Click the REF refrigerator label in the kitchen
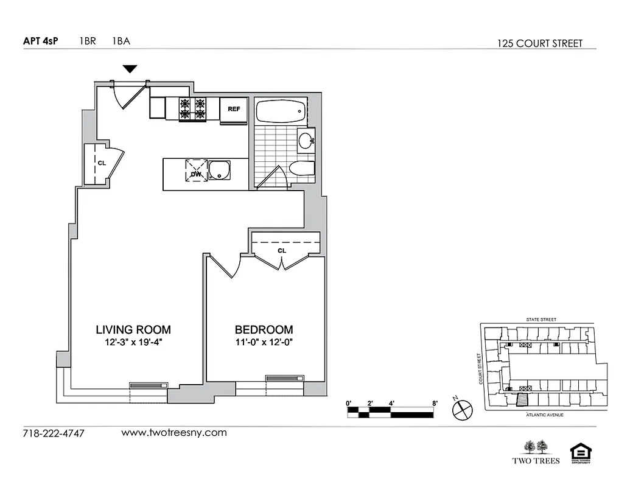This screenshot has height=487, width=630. pos(234,109)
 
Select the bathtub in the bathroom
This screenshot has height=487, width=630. pos(281,112)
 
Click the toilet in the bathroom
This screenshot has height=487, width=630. pos(301,169)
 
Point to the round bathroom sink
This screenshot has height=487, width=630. pos(306,140)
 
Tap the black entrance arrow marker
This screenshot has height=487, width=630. pos(130,69)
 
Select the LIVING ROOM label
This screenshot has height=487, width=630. pos(133,330)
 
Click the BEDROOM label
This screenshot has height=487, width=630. pos(264,330)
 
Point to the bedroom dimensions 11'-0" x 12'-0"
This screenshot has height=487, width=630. pos(264,342)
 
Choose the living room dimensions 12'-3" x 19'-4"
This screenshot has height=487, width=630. pos(133,342)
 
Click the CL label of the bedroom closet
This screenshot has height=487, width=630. pos(282,250)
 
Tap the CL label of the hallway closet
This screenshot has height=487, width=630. pos(102,163)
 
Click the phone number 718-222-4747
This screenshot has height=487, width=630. pos(54,434)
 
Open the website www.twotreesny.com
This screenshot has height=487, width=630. pos(174,433)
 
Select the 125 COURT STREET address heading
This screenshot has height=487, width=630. pos(540,43)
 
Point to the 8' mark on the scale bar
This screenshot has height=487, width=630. pos(435,402)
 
